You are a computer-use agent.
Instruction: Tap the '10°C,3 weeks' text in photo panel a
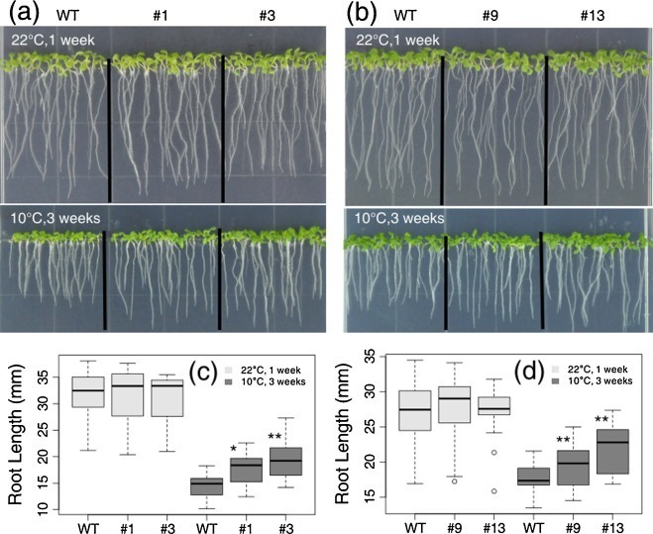pyautogui.click(x=52, y=214)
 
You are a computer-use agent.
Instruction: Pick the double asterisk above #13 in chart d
pyautogui.click(x=600, y=419)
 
